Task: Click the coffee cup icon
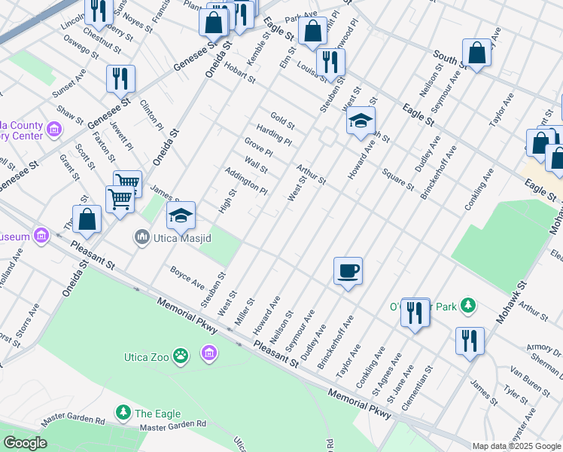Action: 347,270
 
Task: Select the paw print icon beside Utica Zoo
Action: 181,355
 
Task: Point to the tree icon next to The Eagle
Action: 122,413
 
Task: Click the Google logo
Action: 25,443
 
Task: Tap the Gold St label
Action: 282,120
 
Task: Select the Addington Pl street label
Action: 246,179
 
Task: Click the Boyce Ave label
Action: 187,276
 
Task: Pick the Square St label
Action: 399,180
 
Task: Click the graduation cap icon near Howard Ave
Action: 361,120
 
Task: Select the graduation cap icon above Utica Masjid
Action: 181,215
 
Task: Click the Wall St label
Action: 256,163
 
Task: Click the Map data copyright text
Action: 516,446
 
